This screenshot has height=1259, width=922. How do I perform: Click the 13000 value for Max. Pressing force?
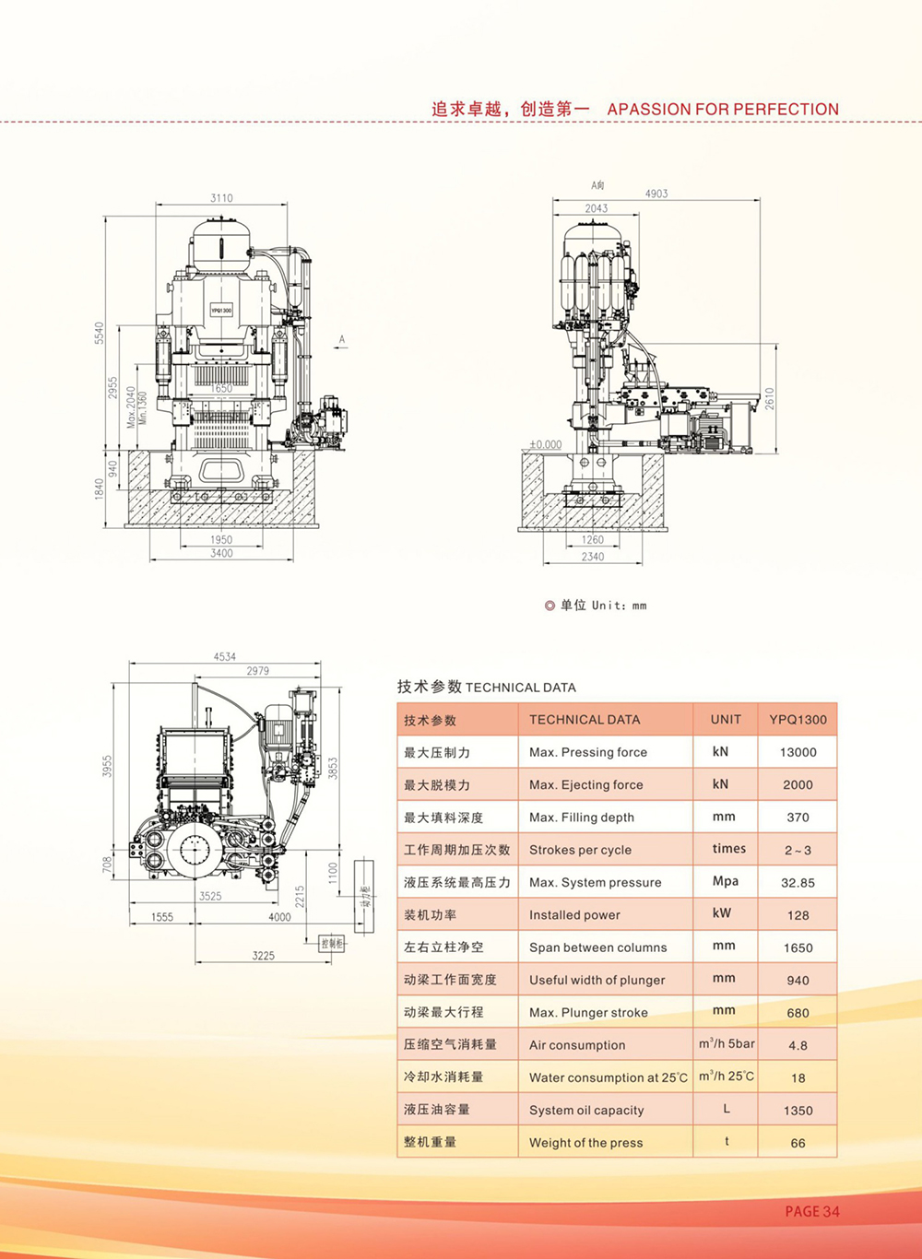[x=798, y=752]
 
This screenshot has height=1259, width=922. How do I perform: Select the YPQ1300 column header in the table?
[x=798, y=720]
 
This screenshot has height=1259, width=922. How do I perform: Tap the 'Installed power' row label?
[x=574, y=915]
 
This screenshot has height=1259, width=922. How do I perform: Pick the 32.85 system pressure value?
[x=798, y=883]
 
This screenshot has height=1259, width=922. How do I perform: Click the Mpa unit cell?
[x=726, y=881]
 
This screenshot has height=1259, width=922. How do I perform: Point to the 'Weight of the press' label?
[x=586, y=1143]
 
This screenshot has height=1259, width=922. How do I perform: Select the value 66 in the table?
[x=798, y=1143]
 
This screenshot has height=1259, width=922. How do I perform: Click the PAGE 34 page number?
[x=812, y=1212]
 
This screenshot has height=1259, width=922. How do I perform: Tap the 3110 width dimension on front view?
[x=221, y=198]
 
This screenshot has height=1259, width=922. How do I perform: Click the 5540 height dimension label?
[x=100, y=334]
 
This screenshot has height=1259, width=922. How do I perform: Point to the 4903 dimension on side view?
[x=656, y=194]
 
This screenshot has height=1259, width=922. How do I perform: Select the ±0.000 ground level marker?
[x=545, y=444]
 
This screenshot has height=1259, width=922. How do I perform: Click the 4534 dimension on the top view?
[x=225, y=657]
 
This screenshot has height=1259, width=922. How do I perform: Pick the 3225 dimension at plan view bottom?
[x=264, y=956]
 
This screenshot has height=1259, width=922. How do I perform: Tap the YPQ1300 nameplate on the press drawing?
[x=221, y=311]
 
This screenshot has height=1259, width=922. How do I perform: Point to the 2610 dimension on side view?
[x=770, y=398]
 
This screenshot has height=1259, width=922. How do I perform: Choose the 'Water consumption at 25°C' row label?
[x=609, y=1077]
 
